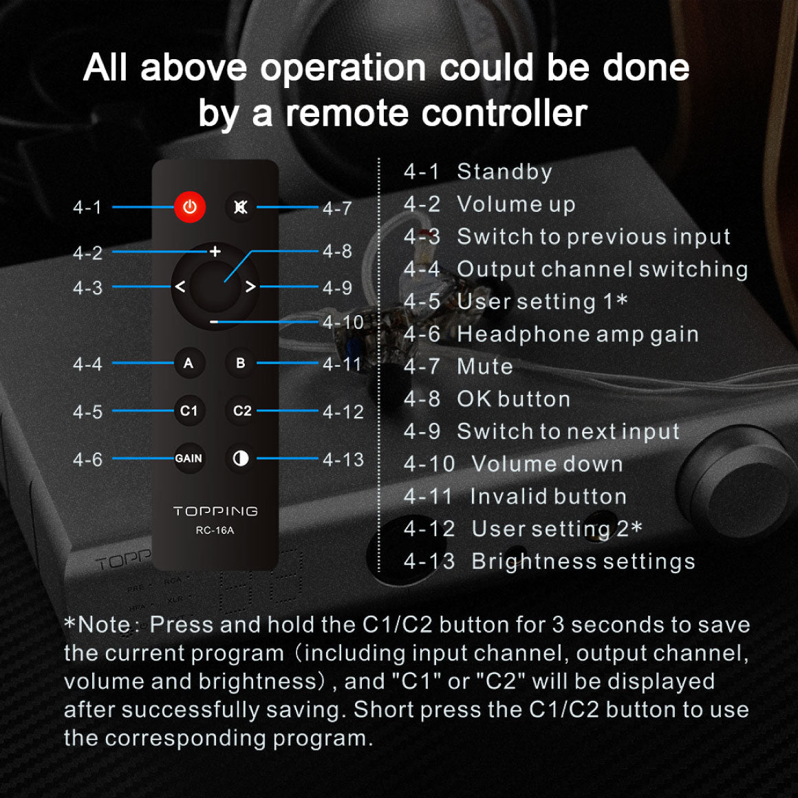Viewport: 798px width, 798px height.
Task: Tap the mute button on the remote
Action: (240, 207)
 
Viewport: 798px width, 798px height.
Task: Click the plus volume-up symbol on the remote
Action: (215, 251)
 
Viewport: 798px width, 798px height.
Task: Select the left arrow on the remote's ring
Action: (180, 287)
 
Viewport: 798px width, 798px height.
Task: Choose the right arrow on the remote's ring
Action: (250, 287)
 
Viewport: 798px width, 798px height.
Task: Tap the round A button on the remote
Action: (188, 363)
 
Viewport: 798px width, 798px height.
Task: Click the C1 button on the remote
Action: (188, 411)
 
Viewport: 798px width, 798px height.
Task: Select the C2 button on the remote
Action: (241, 411)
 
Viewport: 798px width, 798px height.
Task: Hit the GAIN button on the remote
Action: (188, 459)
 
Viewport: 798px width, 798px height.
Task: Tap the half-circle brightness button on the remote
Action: (241, 459)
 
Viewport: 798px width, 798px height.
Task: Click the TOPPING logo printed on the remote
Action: (215, 511)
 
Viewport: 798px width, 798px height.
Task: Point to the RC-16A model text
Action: (215, 530)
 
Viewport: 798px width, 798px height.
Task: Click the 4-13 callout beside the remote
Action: (343, 460)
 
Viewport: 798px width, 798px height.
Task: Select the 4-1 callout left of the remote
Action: (87, 208)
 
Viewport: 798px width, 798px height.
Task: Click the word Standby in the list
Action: (504, 172)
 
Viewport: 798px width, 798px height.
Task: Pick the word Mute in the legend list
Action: (485, 367)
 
